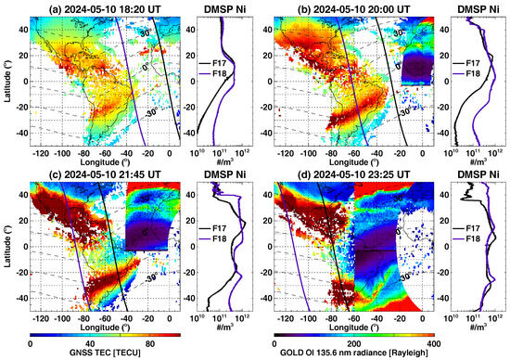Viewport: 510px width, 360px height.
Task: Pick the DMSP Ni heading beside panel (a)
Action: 225,6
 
